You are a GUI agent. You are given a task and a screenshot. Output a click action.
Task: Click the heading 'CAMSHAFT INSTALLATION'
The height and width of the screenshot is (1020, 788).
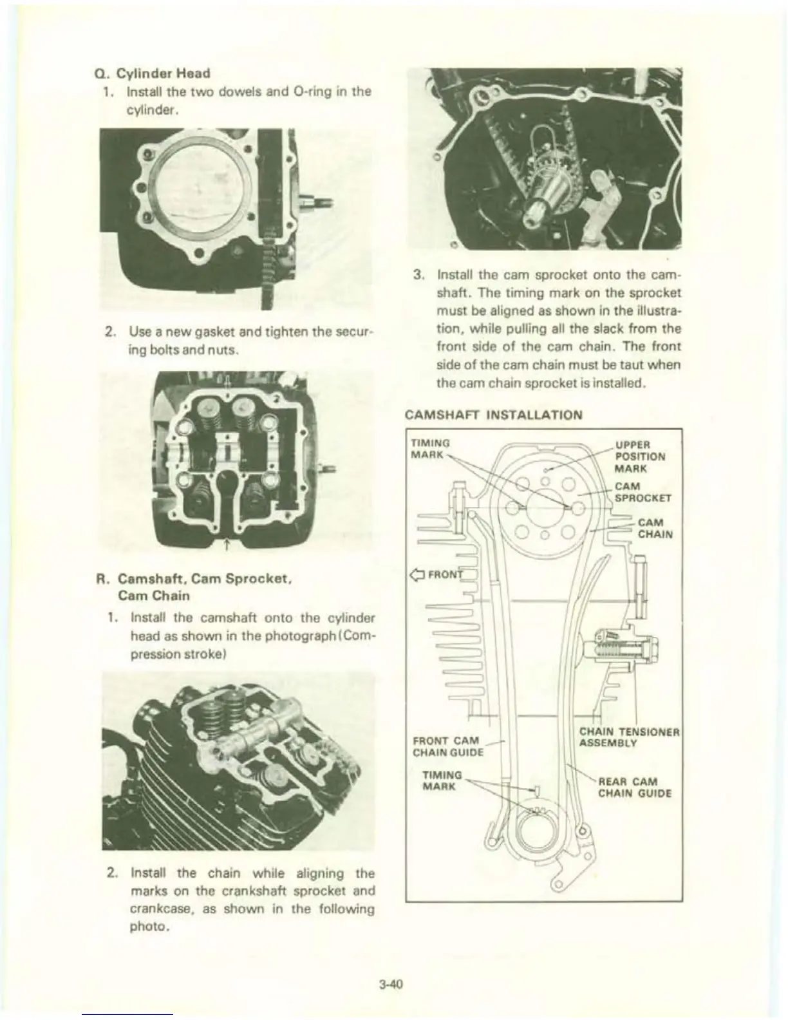(x=494, y=414)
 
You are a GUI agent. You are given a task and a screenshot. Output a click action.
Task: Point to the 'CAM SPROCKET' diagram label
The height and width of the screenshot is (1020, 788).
(x=643, y=491)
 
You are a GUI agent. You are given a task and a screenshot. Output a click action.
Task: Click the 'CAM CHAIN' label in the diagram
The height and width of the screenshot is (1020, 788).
(x=655, y=527)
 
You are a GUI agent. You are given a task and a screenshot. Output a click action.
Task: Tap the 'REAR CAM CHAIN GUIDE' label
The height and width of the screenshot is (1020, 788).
(x=634, y=788)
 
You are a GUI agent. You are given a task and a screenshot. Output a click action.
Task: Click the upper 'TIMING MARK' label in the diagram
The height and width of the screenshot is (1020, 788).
(x=429, y=448)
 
